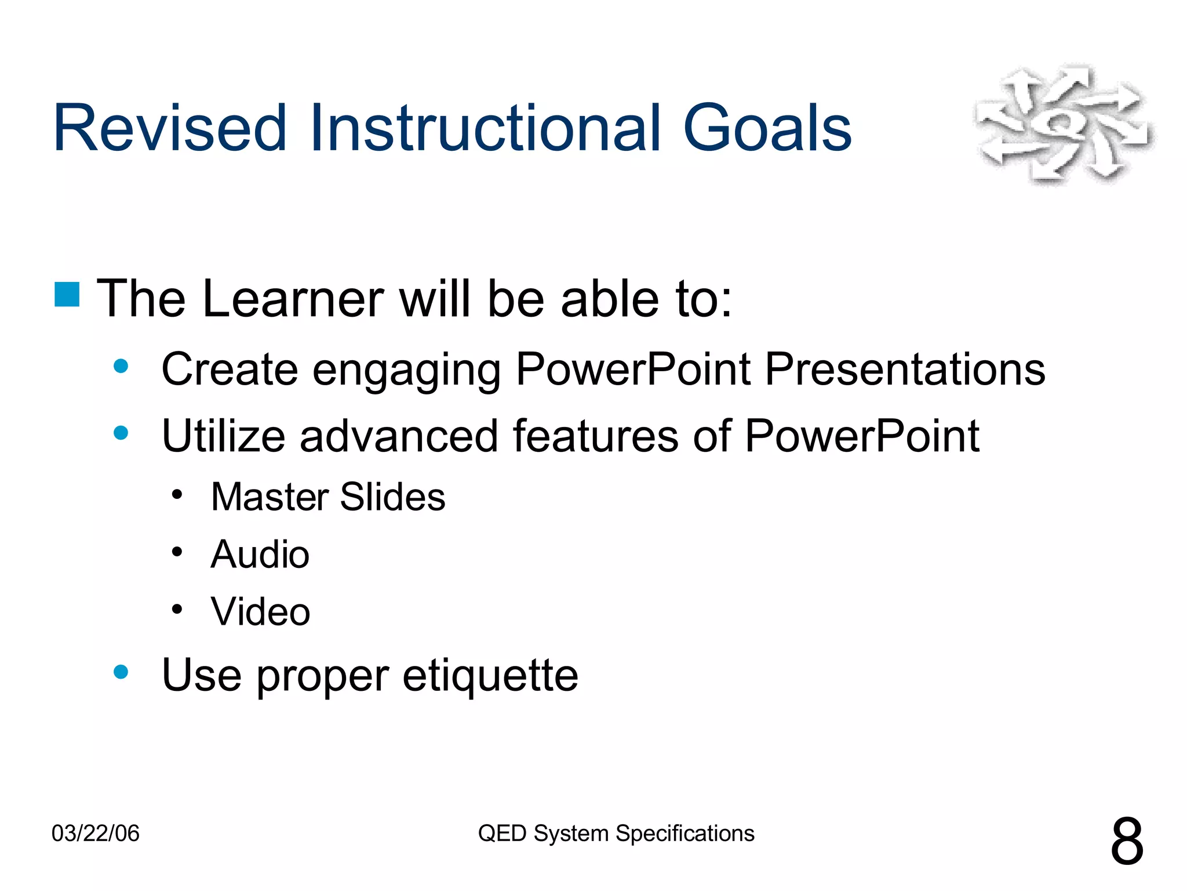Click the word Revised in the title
coord(169,128)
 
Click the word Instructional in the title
coord(485,128)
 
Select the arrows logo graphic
coord(1064,124)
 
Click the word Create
coord(230,370)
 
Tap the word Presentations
coord(905,370)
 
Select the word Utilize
coord(223,436)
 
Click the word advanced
coord(399,436)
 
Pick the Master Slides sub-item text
coord(328,497)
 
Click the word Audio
coord(260,555)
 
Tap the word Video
coord(261,612)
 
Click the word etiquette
coord(490,675)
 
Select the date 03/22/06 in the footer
coord(96,834)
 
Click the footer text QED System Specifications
coord(616,834)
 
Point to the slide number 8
coord(1127,842)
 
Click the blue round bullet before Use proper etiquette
coord(121,672)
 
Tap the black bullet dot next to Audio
coord(177,552)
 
